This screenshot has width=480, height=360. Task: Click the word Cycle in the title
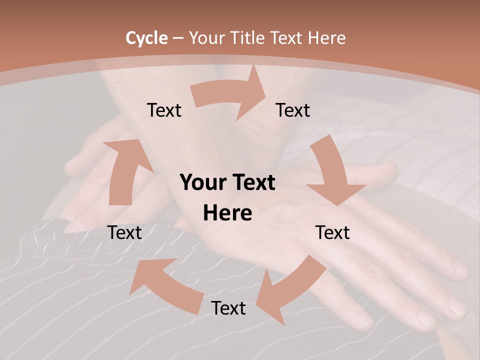point(146,38)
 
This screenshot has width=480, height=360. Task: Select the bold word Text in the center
point(253,182)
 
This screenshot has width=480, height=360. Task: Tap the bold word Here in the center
point(227,213)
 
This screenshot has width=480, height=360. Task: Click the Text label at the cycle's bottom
point(228,308)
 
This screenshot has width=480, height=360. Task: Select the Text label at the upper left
point(164,110)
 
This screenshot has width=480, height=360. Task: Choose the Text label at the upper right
point(293,110)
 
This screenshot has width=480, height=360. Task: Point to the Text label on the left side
point(125,232)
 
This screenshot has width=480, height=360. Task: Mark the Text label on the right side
point(332,232)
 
